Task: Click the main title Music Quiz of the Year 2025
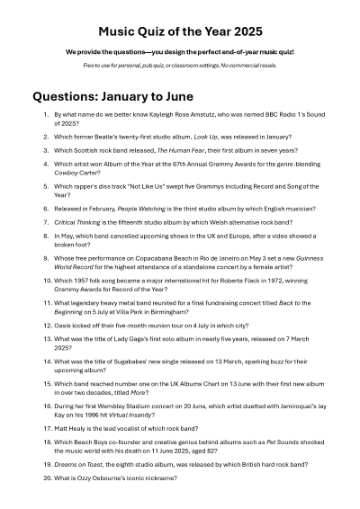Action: (180, 31)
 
